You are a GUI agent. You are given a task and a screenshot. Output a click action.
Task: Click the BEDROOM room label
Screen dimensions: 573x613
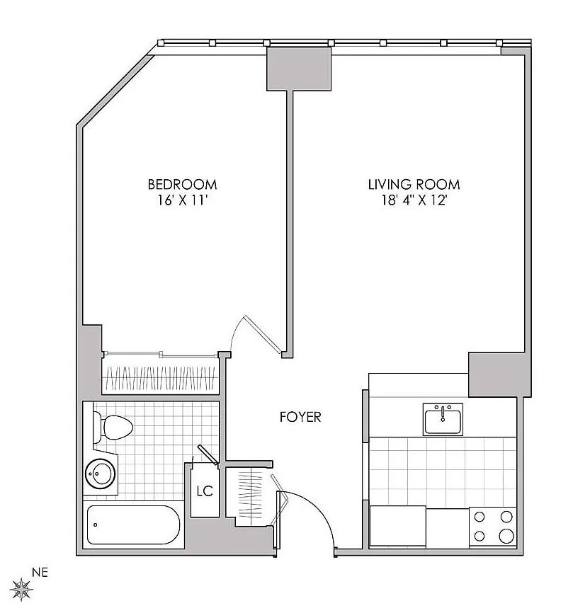182,184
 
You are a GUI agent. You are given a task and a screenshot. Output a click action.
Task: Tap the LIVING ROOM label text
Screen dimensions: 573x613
414,184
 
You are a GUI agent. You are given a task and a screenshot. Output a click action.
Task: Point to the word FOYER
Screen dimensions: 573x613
300,417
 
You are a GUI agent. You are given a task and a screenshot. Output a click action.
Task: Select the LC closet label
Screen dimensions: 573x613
205,491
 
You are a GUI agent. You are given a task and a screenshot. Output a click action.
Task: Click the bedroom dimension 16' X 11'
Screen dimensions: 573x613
182,200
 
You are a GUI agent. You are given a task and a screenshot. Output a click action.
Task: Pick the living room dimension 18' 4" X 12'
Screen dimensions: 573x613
414,200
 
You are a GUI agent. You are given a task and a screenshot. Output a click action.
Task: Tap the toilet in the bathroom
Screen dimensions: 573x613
113,428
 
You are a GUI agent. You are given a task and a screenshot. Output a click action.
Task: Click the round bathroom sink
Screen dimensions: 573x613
101,474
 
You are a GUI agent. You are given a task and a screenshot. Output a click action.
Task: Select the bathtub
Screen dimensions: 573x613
133,525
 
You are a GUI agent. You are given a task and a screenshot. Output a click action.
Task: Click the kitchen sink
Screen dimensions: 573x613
443,420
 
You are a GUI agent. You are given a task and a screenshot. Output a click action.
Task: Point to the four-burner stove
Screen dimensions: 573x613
493,527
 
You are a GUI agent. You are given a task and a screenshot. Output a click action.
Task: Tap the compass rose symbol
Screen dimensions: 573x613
21,589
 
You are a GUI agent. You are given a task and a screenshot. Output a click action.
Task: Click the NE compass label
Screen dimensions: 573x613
40,573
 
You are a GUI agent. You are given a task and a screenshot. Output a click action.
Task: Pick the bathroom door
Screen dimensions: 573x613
208,454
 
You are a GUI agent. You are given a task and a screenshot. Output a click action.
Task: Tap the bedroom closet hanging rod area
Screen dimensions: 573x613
161,379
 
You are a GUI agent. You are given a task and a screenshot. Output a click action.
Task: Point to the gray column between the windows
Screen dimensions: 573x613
299,69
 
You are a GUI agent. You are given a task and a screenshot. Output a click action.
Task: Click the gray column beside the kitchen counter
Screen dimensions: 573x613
499,374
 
